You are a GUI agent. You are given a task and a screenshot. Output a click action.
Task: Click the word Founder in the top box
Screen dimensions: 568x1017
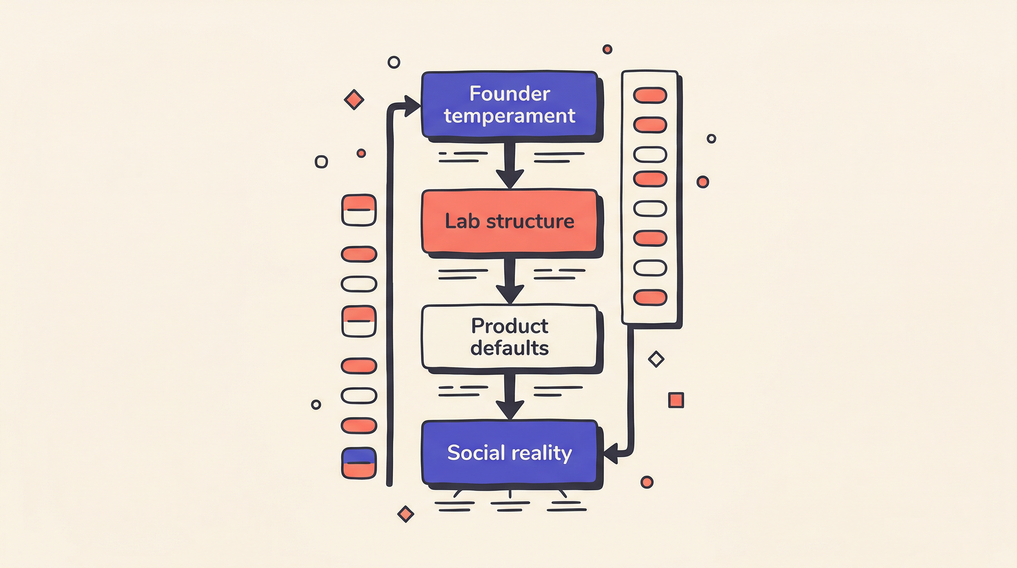point(509,94)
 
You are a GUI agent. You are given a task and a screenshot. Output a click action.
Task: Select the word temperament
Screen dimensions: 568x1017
point(509,116)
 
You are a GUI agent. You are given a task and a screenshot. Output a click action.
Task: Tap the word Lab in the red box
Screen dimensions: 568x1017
point(462,221)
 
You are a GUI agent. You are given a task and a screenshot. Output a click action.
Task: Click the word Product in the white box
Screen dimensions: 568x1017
point(509,326)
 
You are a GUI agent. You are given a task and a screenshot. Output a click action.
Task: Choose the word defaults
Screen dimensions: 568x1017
point(509,348)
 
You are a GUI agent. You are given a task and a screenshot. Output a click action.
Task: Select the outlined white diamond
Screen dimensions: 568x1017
point(656,359)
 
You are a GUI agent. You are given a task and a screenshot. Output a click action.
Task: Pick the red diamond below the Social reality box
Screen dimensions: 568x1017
point(405,514)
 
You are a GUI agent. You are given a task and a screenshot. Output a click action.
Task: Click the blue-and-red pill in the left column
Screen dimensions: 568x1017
point(359,463)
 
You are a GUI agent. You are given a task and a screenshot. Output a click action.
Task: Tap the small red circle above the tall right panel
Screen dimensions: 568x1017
point(607,49)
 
